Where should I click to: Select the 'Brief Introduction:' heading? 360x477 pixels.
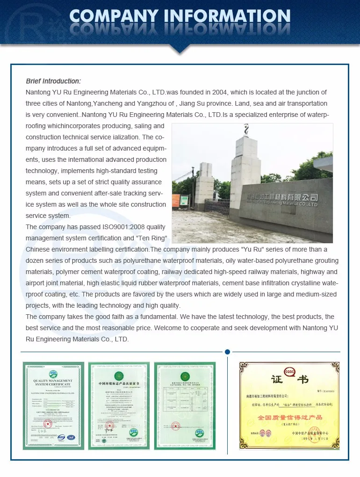click(53, 81)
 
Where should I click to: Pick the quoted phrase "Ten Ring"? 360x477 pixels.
click(150, 238)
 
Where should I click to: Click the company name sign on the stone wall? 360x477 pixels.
click(282, 200)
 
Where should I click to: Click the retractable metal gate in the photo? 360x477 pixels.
click(216, 207)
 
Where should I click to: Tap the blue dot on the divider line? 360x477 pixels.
click(227, 352)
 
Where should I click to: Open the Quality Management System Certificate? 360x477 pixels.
click(54, 405)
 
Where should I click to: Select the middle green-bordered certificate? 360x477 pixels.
click(119, 405)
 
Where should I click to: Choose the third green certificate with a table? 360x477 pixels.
click(185, 405)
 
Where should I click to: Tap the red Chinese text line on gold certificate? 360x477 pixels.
click(290, 417)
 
